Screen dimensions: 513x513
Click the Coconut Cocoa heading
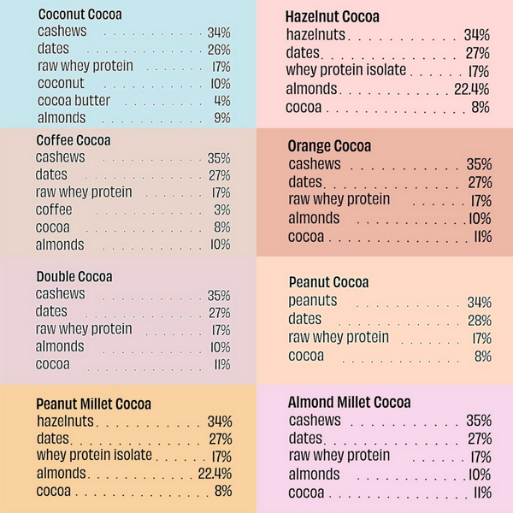(x=80, y=15)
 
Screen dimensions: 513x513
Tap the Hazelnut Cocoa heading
(x=333, y=17)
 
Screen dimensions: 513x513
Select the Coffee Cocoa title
(x=74, y=140)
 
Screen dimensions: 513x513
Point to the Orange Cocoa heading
(x=328, y=146)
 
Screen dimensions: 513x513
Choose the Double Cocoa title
(x=74, y=276)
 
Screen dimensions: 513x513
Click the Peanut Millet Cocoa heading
(x=94, y=404)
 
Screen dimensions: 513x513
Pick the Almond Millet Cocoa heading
(x=350, y=402)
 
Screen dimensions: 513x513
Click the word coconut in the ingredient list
(x=61, y=84)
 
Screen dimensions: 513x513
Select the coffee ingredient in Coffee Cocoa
(x=54, y=209)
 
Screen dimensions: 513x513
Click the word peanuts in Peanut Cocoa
(x=313, y=301)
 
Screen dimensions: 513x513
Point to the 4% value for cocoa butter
(x=221, y=101)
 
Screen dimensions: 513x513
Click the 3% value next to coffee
(x=221, y=210)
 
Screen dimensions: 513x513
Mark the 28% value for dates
(x=480, y=320)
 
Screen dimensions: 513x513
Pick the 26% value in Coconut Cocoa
(x=219, y=50)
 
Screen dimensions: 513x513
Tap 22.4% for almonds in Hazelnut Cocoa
(x=472, y=89)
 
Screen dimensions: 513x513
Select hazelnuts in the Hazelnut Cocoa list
(x=316, y=35)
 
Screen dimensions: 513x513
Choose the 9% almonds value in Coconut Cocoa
(x=222, y=118)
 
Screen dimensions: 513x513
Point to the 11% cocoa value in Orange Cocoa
(x=481, y=237)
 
